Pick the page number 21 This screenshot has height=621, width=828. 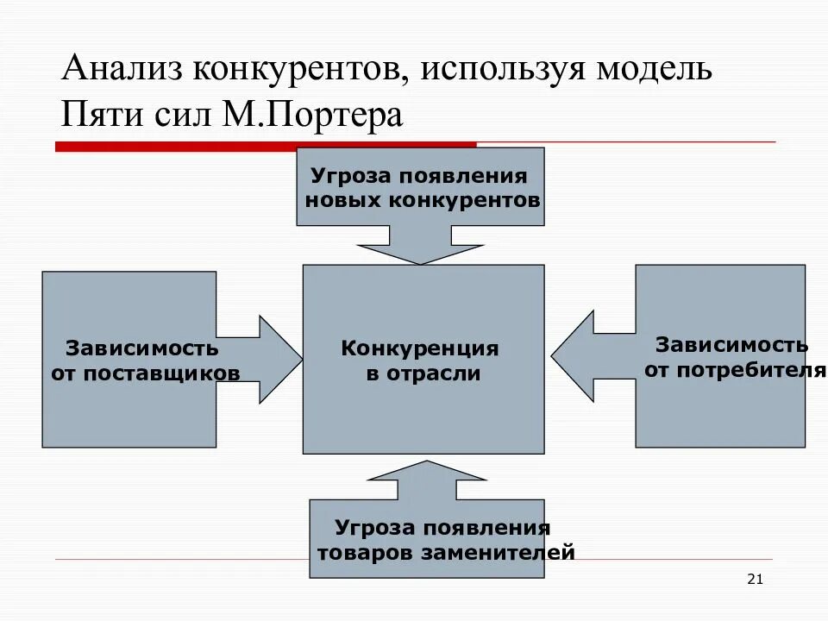click(x=755, y=579)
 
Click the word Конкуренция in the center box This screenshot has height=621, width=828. click(x=420, y=349)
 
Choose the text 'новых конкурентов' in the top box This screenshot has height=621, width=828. click(x=423, y=200)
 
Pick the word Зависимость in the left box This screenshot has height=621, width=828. click(x=142, y=349)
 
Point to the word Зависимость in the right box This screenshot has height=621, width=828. click(x=731, y=345)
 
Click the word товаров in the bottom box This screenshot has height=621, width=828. click(x=366, y=551)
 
